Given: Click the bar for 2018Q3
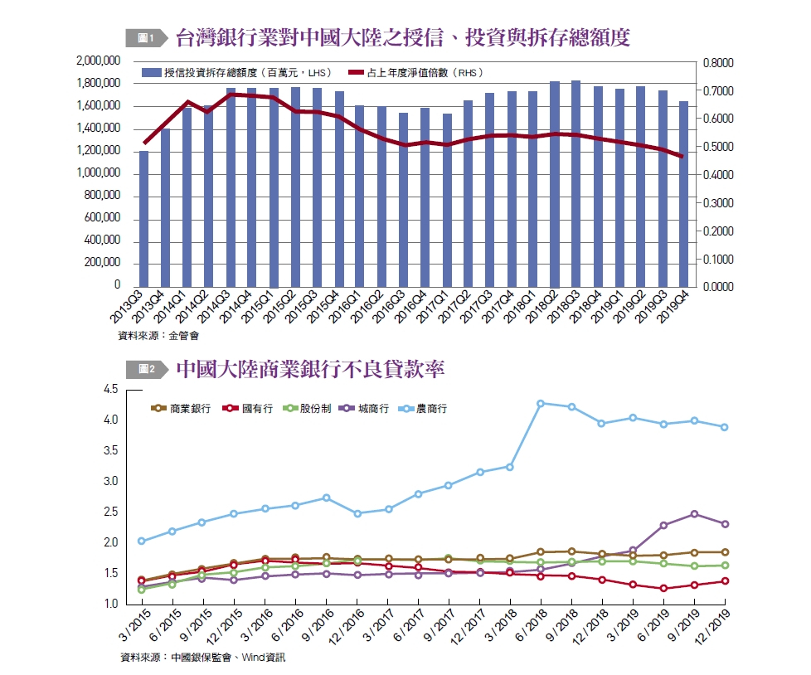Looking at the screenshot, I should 576,183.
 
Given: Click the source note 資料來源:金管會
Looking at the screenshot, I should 158,336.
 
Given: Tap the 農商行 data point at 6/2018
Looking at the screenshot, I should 541,404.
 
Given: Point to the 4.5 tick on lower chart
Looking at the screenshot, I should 110,390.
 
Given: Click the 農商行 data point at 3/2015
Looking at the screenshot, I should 142,541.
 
